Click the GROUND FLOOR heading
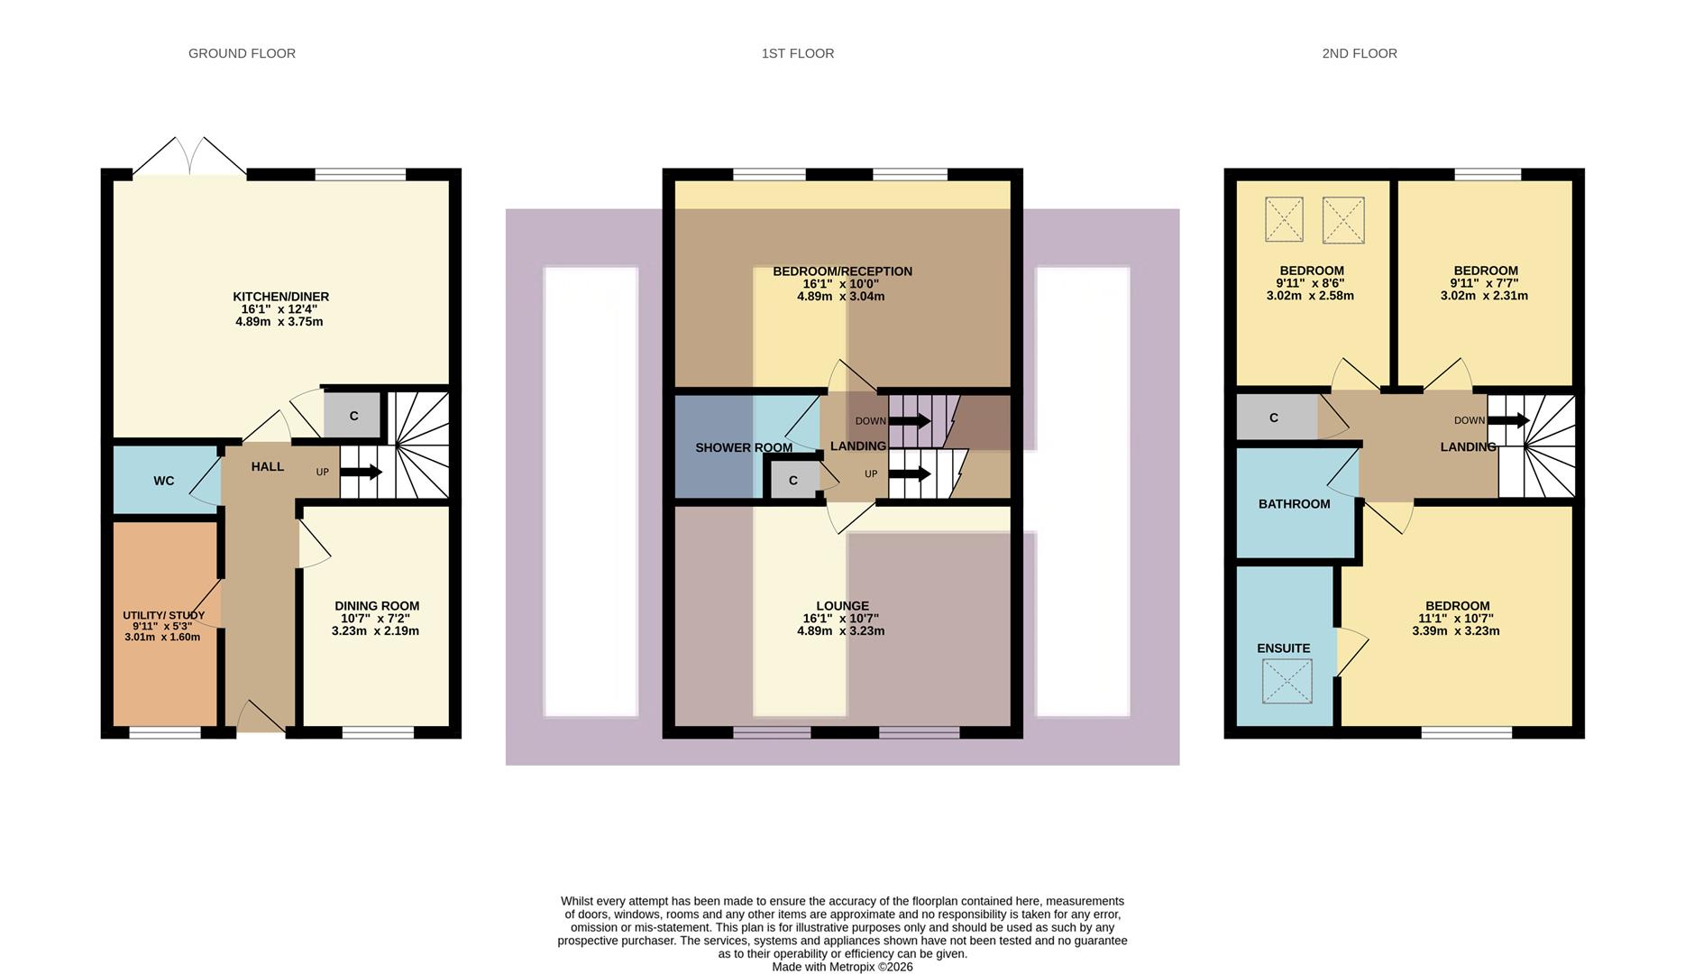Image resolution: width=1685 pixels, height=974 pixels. coord(242,53)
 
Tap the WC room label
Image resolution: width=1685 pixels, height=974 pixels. coord(163,481)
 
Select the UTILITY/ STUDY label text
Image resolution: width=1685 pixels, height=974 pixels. coord(163,615)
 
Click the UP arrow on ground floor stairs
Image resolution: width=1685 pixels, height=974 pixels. coord(361,472)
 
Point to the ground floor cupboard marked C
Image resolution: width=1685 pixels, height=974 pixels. coord(353,416)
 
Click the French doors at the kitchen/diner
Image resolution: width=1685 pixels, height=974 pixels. coord(189,158)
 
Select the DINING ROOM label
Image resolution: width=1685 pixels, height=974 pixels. coord(376,606)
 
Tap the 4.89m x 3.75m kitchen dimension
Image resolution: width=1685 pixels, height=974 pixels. coord(279,321)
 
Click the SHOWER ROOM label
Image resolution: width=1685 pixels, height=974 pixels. coord(743,447)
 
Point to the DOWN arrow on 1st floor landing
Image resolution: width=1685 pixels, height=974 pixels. coord(910,421)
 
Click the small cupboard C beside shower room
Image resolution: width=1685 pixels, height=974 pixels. coord(792,480)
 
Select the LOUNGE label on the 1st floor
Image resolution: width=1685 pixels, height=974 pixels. coord(842,606)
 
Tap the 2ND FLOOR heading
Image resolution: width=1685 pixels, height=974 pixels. coord(1359,53)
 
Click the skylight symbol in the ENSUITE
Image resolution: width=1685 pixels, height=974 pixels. coord(1287,681)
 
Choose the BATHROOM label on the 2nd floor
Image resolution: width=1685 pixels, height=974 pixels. coord(1294,503)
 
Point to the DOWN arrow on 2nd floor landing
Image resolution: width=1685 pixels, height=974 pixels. coord(1508,420)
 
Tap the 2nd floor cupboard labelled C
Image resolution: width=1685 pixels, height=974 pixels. coord(1273,418)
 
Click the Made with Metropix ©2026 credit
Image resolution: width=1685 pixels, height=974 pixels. coord(842,967)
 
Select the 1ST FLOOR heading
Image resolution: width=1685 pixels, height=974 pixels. coord(797,53)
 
